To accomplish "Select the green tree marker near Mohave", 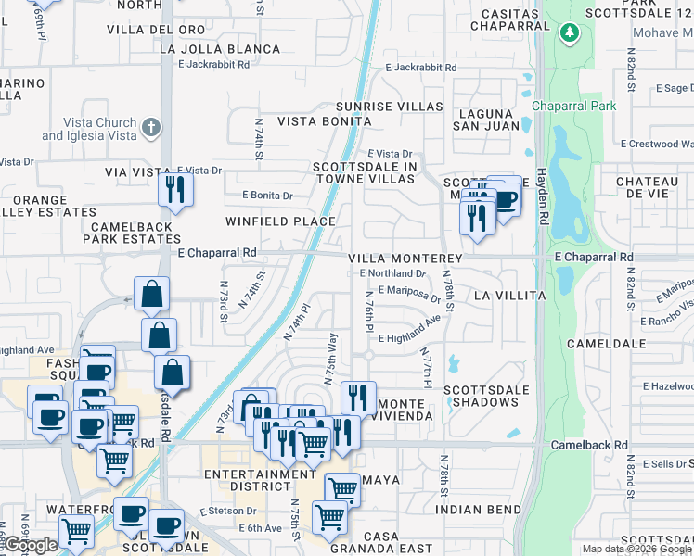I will click(568, 34).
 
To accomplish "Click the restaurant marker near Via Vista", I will click(173, 190).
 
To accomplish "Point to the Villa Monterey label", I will click(405, 259).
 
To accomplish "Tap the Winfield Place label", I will click(280, 221).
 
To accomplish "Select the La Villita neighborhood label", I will click(509, 295).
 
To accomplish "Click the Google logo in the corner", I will click(31, 546).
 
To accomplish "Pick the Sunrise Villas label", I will click(389, 107).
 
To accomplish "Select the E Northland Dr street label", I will click(392, 273).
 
